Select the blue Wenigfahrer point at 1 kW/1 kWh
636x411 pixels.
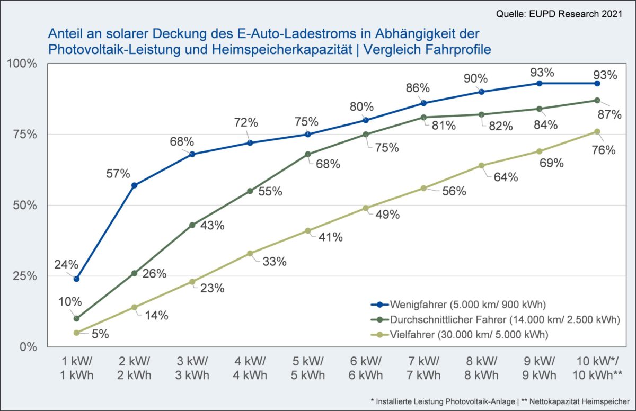(77, 279)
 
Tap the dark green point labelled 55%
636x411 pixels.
(250, 191)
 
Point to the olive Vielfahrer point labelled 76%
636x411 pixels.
(597, 131)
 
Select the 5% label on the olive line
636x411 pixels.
(100, 334)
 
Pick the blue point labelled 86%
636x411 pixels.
(424, 103)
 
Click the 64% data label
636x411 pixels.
(506, 177)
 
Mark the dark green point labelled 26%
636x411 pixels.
(135, 273)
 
